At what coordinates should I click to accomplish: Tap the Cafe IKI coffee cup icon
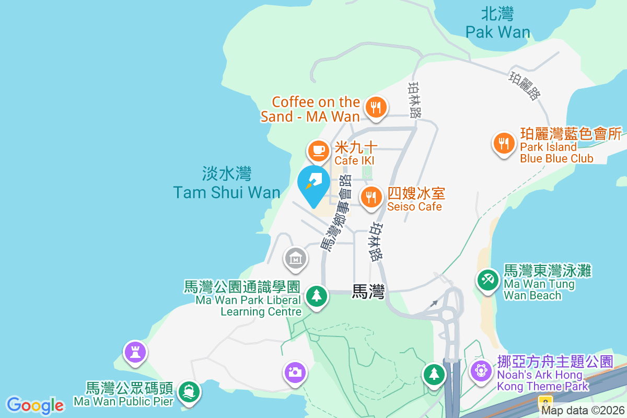[318, 150]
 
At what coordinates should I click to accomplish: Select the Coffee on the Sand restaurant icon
[375, 108]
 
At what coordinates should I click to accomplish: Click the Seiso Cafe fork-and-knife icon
[371, 198]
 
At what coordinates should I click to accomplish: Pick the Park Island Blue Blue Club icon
[504, 143]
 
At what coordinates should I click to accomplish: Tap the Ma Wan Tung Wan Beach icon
[488, 279]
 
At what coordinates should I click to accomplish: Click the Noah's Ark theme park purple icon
[480, 370]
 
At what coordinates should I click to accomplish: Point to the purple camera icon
[295, 372]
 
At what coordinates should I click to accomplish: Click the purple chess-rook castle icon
[135, 352]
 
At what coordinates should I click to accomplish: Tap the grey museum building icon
[295, 258]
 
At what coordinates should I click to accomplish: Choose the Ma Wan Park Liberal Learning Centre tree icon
[316, 296]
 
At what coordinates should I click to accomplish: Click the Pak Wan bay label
[498, 24]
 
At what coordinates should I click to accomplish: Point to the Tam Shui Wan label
[227, 183]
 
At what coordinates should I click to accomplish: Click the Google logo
[35, 405]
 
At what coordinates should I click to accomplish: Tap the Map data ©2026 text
[583, 411]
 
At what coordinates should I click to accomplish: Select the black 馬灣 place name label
[368, 292]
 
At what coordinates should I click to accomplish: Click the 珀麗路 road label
[524, 86]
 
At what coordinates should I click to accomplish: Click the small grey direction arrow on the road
[434, 303]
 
